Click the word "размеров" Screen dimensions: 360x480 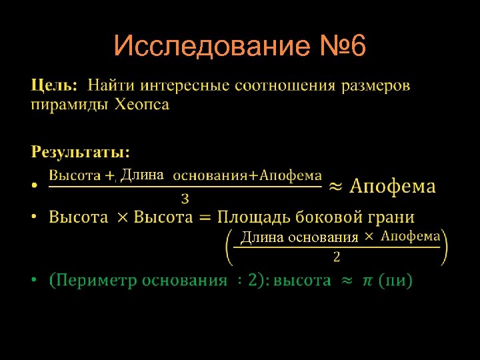click(377, 86)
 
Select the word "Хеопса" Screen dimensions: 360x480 click(142, 105)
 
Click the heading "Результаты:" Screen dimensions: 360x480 click(81, 151)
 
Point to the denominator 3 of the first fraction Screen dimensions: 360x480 click(185, 198)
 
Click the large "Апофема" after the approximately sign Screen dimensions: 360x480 click(393, 186)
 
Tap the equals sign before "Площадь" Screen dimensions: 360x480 click(205, 217)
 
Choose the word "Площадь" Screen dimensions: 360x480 click(253, 217)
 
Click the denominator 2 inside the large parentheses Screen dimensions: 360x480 click(336, 256)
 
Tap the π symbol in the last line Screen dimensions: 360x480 click(368, 281)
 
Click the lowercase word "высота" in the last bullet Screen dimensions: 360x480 click(303, 281)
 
